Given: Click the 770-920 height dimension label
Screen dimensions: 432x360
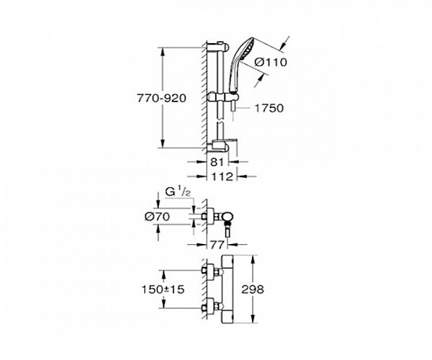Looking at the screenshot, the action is [x=162, y=99].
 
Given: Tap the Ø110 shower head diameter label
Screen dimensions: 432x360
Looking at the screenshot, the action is [x=270, y=62].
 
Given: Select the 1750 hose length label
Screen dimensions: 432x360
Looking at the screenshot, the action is [x=269, y=108].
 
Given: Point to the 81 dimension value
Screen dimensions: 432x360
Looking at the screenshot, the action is [x=217, y=162].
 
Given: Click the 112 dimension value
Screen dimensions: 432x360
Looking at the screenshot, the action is [x=222, y=176].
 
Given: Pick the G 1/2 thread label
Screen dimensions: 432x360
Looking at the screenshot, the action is [x=178, y=192].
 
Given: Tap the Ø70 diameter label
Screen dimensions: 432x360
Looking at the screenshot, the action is [x=157, y=217].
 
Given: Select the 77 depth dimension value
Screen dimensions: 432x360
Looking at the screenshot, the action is [x=217, y=245].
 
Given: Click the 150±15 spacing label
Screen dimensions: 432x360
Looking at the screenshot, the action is [x=163, y=289].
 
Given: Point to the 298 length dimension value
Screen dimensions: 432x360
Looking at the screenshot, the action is [x=253, y=289].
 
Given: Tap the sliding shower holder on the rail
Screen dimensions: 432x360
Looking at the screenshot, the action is [x=222, y=97].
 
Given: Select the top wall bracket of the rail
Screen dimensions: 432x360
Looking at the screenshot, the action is [x=217, y=47].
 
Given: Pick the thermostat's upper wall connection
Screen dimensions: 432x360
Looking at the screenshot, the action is [x=212, y=271].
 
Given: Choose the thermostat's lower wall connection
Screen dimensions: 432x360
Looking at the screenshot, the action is [x=212, y=306].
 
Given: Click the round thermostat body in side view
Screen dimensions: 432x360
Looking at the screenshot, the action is [x=228, y=217].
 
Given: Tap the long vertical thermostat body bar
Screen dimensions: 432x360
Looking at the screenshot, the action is [x=228, y=289].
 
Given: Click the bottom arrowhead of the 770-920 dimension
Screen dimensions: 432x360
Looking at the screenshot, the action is [x=163, y=144].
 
